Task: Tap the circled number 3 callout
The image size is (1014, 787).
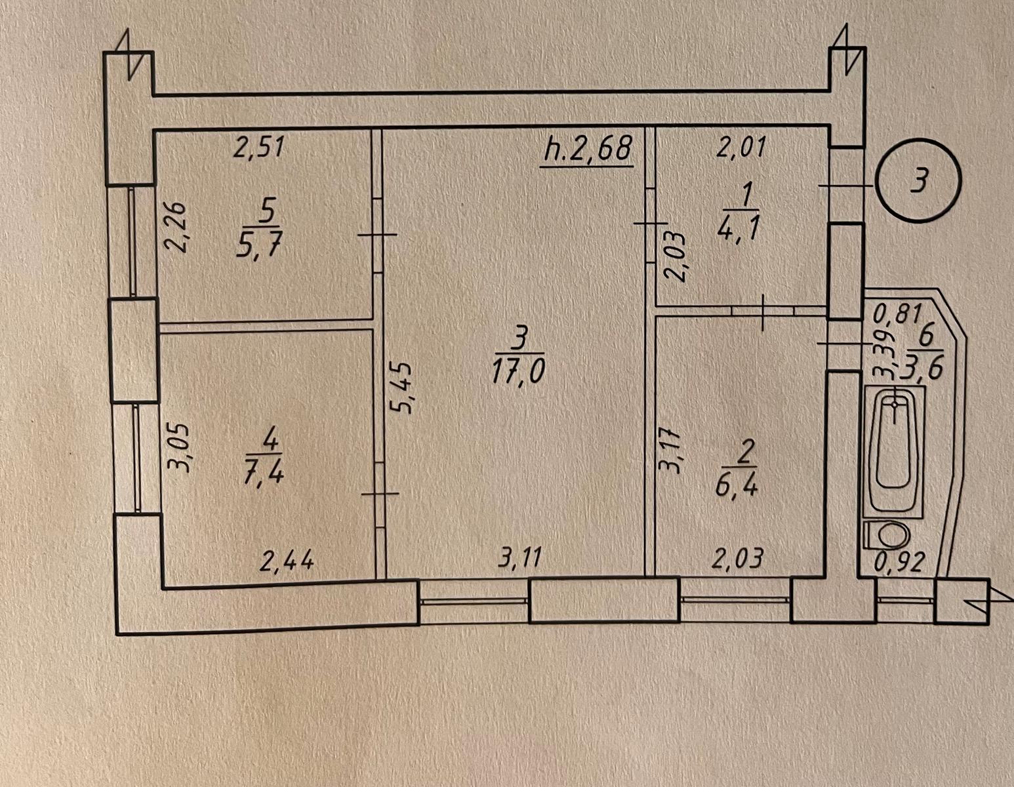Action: point(918,182)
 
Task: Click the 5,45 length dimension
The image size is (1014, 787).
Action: point(402,388)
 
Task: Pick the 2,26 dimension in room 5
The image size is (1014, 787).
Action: point(176,227)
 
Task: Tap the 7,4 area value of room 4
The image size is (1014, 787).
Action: point(263,473)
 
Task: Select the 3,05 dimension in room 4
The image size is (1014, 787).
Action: point(180,449)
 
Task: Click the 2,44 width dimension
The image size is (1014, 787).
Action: point(287,562)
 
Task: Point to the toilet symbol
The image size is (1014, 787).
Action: point(887,535)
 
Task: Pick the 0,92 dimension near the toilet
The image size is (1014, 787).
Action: point(899,563)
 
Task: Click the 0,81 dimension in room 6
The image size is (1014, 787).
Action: point(896,314)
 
